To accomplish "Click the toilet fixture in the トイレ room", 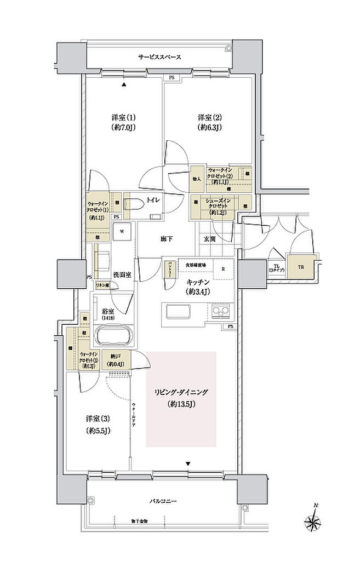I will [x=134, y=204].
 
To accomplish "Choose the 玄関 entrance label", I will [x=210, y=238].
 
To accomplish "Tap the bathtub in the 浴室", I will [x=114, y=335].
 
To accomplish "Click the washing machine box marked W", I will [x=122, y=231].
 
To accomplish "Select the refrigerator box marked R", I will [x=223, y=268].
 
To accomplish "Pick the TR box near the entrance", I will [x=301, y=267].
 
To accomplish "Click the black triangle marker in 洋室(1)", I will [x=124, y=85].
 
